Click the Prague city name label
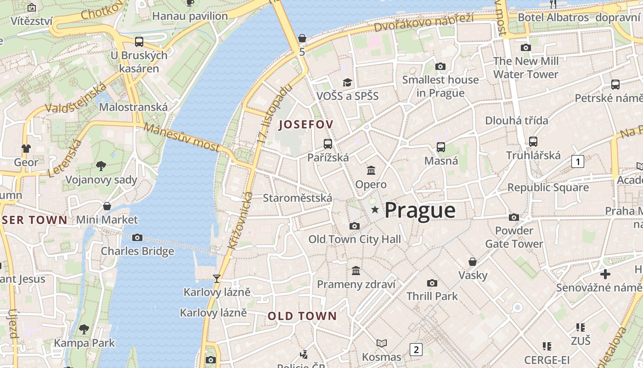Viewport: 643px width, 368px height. [420, 210]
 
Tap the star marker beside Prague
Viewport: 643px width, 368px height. [375, 210]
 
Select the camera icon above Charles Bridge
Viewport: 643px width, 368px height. [137, 238]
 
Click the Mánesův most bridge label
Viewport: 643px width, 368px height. [181, 137]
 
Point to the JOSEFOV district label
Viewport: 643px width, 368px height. [306, 124]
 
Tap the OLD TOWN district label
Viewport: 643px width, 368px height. [302, 316]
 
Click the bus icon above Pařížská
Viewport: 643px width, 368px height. [327, 144]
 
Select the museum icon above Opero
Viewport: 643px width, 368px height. [371, 171]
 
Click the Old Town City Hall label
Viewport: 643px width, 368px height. [355, 239]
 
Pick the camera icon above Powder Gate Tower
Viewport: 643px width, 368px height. [514, 217]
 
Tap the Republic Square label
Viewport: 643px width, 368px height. [548, 187]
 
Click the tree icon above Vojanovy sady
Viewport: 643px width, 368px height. [101, 166]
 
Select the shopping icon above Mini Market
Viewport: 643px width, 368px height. [107, 206]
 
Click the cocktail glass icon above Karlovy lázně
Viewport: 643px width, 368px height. [217, 278]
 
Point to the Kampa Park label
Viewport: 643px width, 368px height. [85, 343]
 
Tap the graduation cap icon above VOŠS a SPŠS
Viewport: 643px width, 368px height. [347, 82]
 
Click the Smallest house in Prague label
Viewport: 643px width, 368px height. [440, 86]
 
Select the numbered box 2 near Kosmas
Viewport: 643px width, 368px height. [416, 350]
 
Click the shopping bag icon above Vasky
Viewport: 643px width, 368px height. [473, 262]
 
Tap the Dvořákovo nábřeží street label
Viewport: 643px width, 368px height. [423, 23]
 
